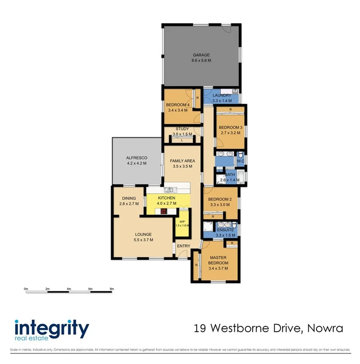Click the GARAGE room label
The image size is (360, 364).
point(201,55)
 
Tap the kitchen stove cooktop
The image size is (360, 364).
point(164,212)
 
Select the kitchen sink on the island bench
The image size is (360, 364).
point(169,190)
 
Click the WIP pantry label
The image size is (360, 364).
point(182,221)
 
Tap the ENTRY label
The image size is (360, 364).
point(184,246)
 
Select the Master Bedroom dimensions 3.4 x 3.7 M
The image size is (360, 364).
point(218,268)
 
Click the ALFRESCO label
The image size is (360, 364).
point(136,158)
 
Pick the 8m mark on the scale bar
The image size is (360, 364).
point(111,289)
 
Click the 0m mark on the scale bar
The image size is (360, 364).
point(26,289)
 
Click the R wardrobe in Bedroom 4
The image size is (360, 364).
point(198,98)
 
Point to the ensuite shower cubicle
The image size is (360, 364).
point(209,227)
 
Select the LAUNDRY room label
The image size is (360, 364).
point(222,96)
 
